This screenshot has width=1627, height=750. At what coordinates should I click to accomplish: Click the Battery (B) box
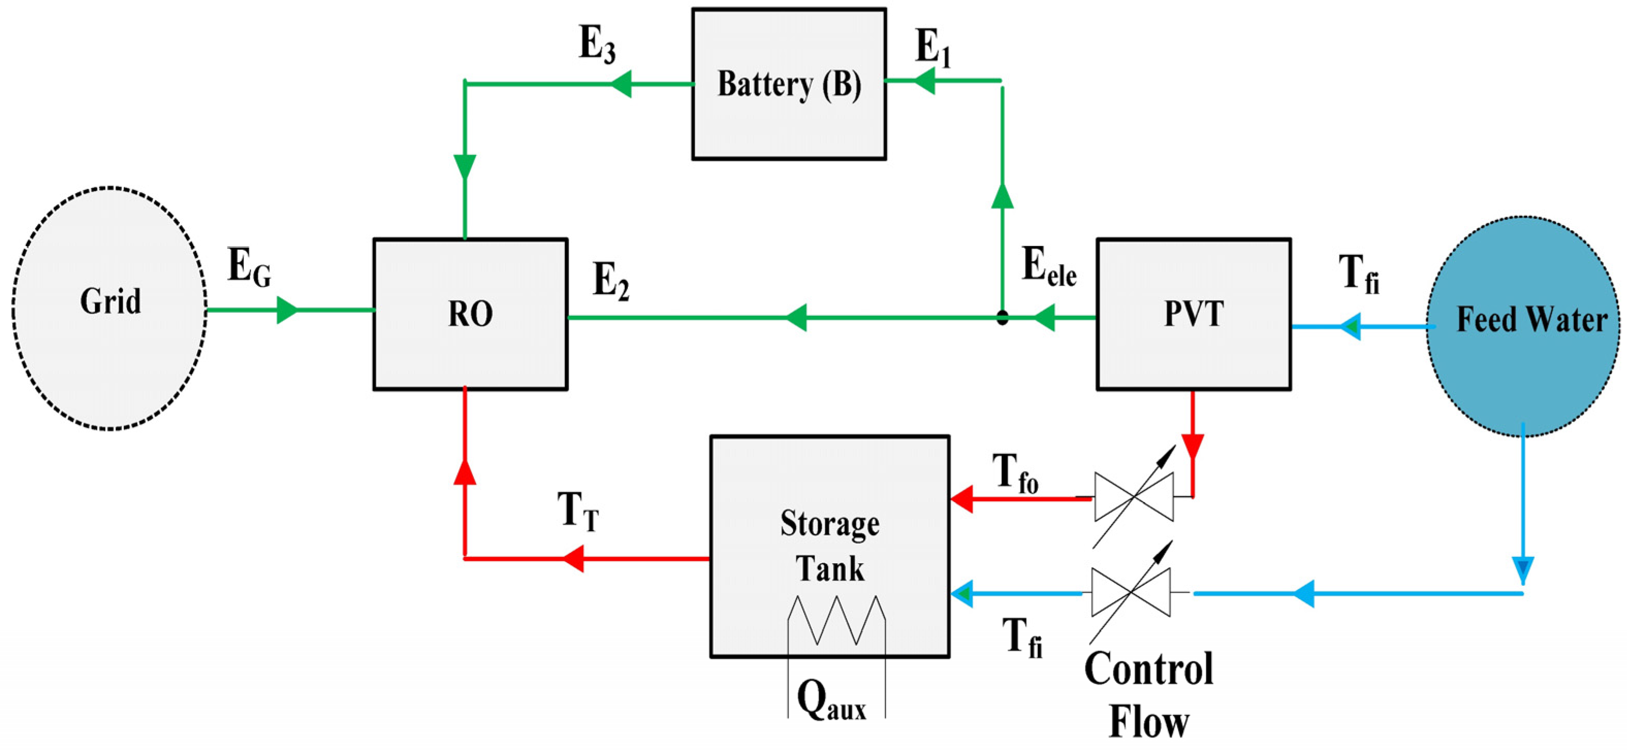[789, 84]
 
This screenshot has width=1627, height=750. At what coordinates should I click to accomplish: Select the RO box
[470, 314]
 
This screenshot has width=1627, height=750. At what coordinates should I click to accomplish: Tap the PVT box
[1193, 314]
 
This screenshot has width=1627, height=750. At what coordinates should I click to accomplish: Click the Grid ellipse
[109, 308]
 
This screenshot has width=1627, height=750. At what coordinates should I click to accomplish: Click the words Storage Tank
[829, 546]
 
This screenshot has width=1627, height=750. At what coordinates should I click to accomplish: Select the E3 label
[597, 46]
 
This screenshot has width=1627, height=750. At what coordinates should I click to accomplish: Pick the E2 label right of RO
[611, 281]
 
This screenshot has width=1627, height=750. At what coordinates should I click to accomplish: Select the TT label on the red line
[577, 512]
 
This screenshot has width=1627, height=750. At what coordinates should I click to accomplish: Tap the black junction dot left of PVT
[1002, 317]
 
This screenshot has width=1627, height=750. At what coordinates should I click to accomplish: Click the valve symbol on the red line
[1134, 498]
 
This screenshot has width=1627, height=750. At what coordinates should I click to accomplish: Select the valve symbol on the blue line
[1131, 592]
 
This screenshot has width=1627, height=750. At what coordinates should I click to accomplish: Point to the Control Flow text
[1149, 694]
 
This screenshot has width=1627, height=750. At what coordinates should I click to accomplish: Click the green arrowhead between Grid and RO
[287, 311]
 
